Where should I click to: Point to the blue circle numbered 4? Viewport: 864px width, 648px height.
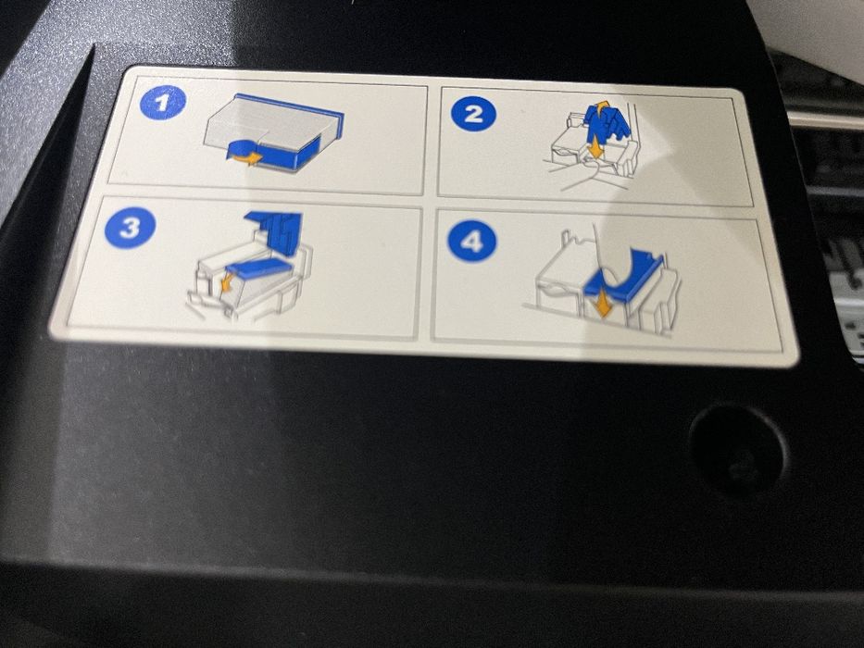pos(471,243)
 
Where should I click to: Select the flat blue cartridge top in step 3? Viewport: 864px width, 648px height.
pos(259,268)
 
